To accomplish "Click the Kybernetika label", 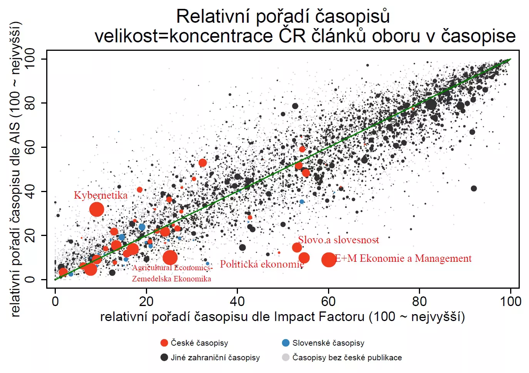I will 100,195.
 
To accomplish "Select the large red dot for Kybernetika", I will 97,209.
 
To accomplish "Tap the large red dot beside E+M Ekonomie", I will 328,260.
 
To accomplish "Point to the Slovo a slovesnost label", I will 338,240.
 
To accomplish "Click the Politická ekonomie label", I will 262,264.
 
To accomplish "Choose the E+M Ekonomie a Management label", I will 403,258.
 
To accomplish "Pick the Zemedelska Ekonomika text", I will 171,279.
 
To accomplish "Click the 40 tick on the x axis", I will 237,301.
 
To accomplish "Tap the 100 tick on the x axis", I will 511,301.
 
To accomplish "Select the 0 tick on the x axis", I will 55,301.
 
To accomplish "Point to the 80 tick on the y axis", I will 30,103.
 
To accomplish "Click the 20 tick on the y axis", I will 30,236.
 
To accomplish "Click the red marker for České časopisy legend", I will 164,343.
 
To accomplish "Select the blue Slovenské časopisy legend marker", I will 286,343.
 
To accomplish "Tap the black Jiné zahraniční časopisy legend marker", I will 164,358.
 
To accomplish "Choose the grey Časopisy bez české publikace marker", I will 286,358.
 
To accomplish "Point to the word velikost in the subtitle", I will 124,36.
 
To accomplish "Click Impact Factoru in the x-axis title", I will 319,317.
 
